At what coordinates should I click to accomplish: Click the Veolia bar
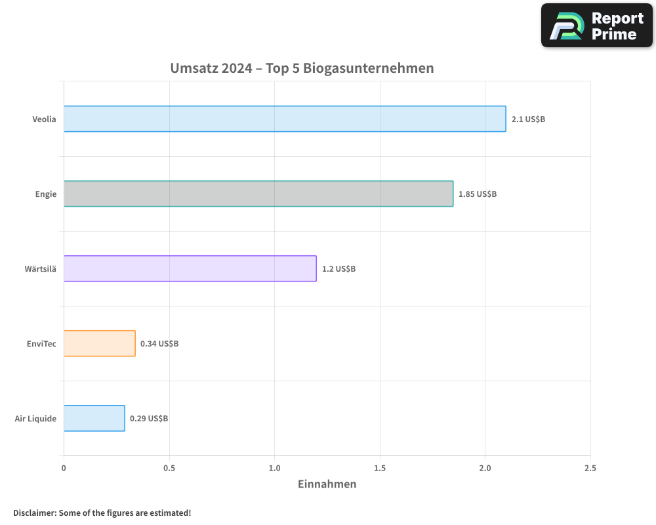285,119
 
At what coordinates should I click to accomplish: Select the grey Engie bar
258,194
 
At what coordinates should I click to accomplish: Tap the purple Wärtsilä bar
190,268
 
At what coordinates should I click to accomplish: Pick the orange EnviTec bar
100,343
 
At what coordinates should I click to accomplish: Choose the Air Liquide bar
94,418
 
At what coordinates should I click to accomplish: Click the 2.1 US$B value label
528,119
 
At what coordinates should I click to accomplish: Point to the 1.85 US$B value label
478,194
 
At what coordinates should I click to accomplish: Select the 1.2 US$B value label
338,269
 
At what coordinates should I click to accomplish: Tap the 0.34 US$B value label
159,344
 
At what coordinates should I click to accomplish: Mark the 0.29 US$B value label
149,419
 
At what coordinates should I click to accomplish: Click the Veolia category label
45,119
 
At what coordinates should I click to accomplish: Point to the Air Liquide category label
35,419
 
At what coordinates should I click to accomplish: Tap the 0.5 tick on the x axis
169,469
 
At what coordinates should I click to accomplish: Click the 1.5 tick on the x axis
380,469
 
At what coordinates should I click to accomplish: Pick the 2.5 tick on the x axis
590,469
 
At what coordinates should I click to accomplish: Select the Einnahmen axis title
327,484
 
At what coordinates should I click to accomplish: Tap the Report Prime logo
597,26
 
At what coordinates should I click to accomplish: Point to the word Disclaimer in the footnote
33,513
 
